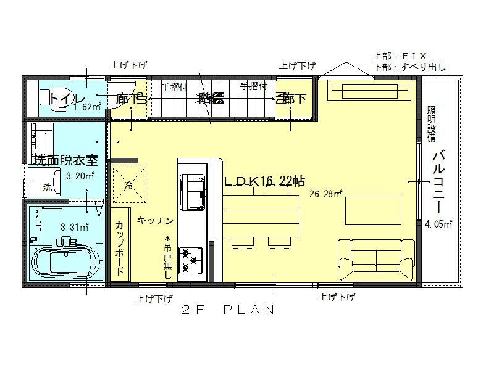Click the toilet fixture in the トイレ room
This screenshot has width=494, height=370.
point(48,97)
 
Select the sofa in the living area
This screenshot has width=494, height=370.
point(376,259)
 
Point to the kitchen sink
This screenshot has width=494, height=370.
point(192,189)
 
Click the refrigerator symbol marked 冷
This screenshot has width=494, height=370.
point(130,183)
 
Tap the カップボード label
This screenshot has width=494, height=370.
point(120,246)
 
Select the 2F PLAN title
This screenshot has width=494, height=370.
point(228,310)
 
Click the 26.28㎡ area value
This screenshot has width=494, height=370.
point(325,194)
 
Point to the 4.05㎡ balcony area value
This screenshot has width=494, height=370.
point(438,224)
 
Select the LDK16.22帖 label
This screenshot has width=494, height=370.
point(264,180)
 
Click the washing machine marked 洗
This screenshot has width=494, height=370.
point(48,186)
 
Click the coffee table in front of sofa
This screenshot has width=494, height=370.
point(373,211)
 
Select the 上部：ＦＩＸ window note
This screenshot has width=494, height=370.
point(400,55)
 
